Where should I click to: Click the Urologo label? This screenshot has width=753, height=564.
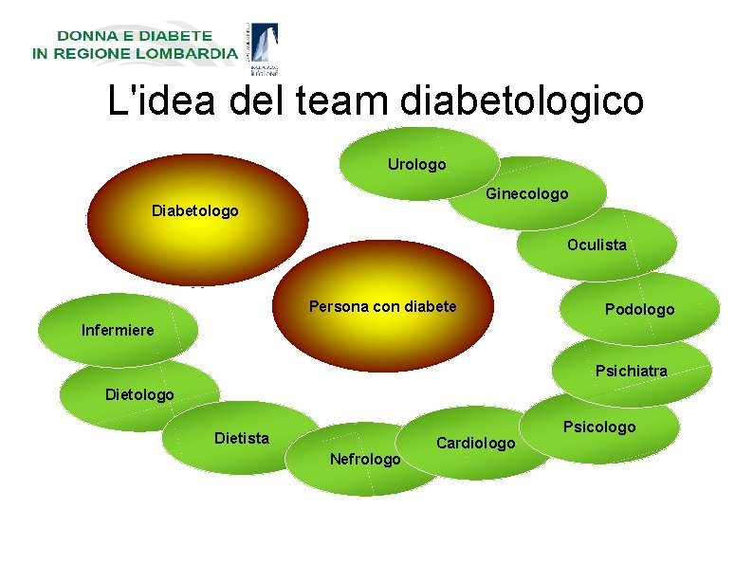click(x=416, y=165)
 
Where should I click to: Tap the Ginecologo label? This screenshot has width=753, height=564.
click(x=526, y=194)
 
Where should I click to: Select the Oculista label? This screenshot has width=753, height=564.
click(x=597, y=246)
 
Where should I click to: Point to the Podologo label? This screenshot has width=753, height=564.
click(x=639, y=310)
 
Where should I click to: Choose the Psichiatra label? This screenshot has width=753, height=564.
click(x=631, y=371)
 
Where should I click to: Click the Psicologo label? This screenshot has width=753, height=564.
click(x=599, y=428)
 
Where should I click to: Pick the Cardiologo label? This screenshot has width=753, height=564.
click(x=475, y=444)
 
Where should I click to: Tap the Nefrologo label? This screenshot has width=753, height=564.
click(x=365, y=460)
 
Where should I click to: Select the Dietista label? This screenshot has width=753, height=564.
click(x=242, y=438)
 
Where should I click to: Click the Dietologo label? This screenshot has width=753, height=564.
click(x=139, y=394)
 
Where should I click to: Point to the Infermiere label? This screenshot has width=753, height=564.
click(x=118, y=331)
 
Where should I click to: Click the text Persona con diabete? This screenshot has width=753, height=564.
click(x=382, y=307)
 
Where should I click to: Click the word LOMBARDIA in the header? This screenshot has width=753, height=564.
click(x=182, y=54)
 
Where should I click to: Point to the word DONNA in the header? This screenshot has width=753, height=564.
click(x=85, y=36)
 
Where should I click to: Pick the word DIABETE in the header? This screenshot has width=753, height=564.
click(x=174, y=36)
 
